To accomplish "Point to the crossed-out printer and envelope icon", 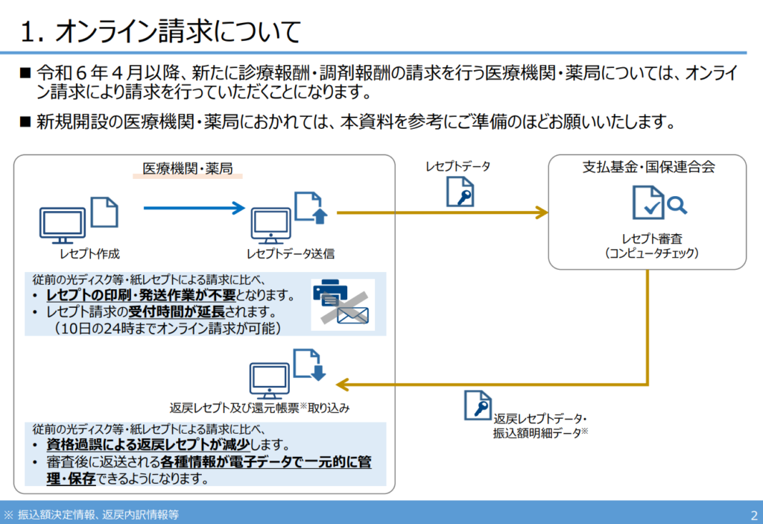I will point(342,303).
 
